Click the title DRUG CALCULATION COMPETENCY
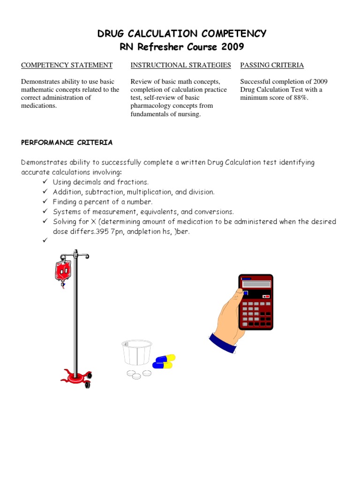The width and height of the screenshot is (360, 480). coord(182,33)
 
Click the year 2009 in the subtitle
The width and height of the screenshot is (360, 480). coord(231,47)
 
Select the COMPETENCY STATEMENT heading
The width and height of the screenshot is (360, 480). coord(67,65)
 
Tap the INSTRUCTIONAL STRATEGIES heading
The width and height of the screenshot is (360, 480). coord(180,65)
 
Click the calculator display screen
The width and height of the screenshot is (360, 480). coord(256,284)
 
